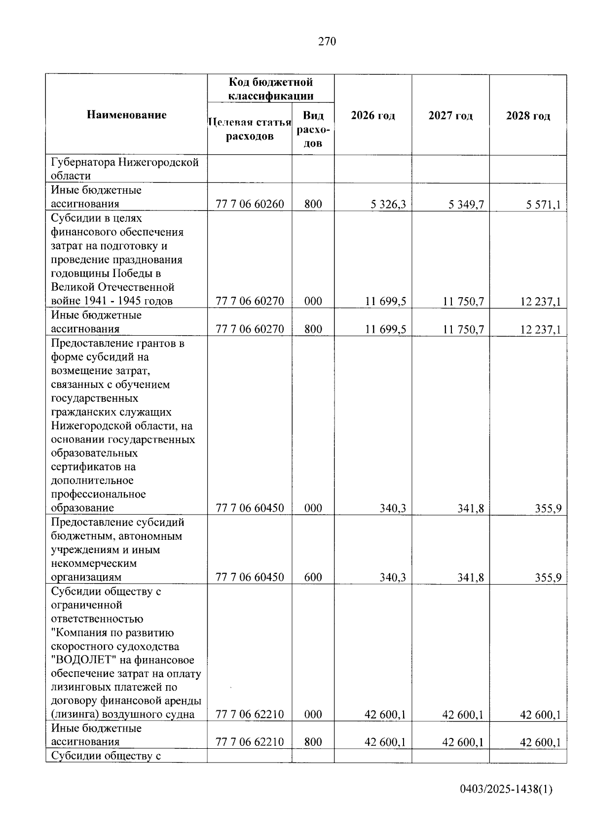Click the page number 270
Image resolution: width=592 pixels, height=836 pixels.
(327, 42)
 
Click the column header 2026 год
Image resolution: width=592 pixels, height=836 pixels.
(373, 116)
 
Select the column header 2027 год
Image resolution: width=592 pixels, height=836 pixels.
(450, 116)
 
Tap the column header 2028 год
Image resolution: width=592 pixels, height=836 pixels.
(528, 116)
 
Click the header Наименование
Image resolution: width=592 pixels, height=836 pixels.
(127, 115)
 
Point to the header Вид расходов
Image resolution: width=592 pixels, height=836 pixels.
(313, 129)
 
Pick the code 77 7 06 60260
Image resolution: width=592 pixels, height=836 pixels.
(250, 204)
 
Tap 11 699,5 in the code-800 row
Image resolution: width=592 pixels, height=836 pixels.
(385, 329)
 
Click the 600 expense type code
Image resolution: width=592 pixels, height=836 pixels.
(313, 577)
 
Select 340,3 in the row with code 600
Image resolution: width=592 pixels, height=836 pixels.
(393, 577)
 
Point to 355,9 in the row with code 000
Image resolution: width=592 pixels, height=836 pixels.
(548, 508)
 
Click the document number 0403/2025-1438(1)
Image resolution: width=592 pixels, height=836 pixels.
(506, 790)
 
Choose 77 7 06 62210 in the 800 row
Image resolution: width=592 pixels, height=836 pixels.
(250, 742)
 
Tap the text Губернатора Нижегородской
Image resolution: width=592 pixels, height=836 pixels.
(125, 162)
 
